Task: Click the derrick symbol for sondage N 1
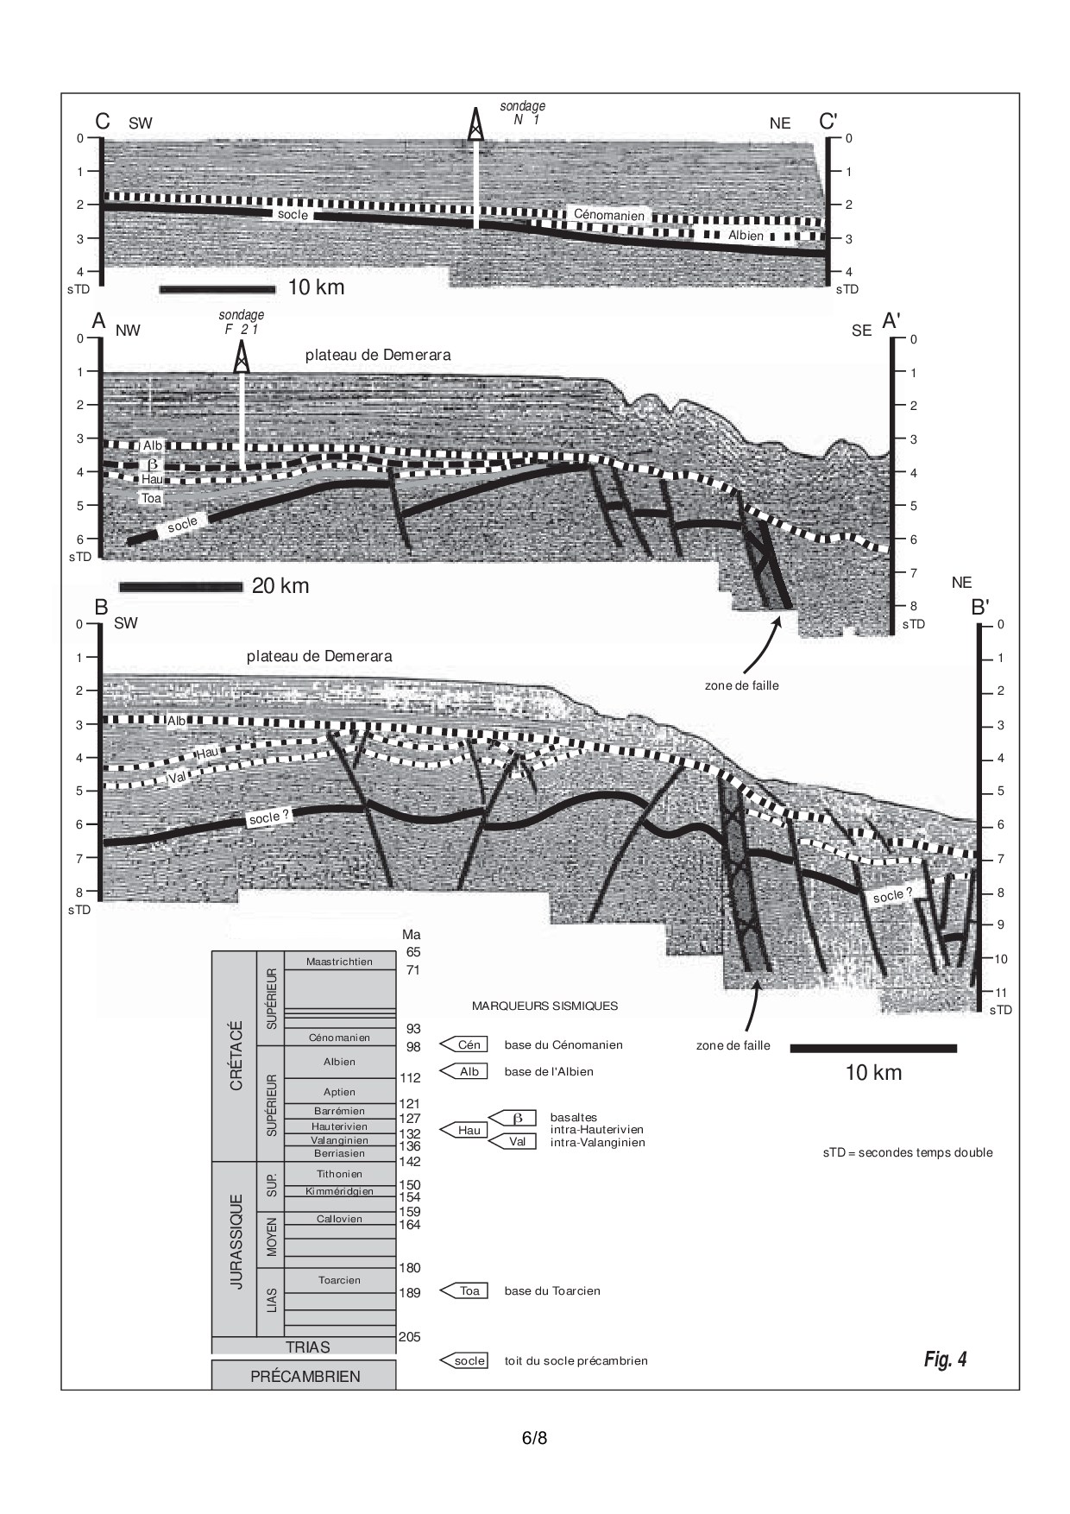[x=475, y=124]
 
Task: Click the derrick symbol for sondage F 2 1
[x=242, y=356]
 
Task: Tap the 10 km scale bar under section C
[x=217, y=288]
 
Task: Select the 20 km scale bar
[x=181, y=587]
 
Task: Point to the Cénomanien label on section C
[x=609, y=215]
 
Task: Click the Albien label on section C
[x=746, y=235]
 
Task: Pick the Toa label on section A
[x=152, y=498]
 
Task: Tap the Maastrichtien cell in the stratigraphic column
[x=339, y=962]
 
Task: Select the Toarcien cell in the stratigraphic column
[x=339, y=1280]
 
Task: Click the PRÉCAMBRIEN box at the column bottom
[x=305, y=1376]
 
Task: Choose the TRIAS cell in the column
[x=307, y=1347]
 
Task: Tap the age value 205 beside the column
[x=409, y=1337]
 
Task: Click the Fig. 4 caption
[x=945, y=1359]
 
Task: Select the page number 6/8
[x=535, y=1438]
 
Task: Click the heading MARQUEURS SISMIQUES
[x=544, y=1006]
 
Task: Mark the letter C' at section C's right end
[x=828, y=122]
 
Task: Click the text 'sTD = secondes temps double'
[x=908, y=1152]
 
